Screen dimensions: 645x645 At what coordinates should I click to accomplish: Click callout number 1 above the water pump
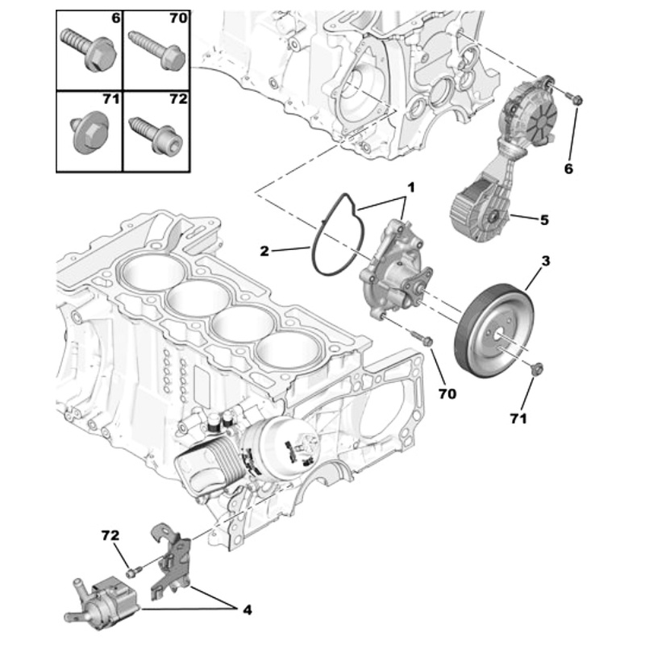[410, 187]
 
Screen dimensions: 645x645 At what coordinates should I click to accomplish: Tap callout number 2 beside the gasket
[264, 252]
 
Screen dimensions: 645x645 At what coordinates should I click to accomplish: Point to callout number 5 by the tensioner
[543, 218]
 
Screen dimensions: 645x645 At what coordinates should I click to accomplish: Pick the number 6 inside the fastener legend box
[115, 17]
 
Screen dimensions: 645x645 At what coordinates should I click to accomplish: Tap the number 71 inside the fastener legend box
[110, 100]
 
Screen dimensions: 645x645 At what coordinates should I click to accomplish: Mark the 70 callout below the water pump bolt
[447, 393]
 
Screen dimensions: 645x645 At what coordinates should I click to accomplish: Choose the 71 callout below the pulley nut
[518, 419]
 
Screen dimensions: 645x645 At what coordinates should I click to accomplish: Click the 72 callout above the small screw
[110, 535]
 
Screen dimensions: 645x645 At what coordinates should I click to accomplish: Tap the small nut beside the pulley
[538, 369]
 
